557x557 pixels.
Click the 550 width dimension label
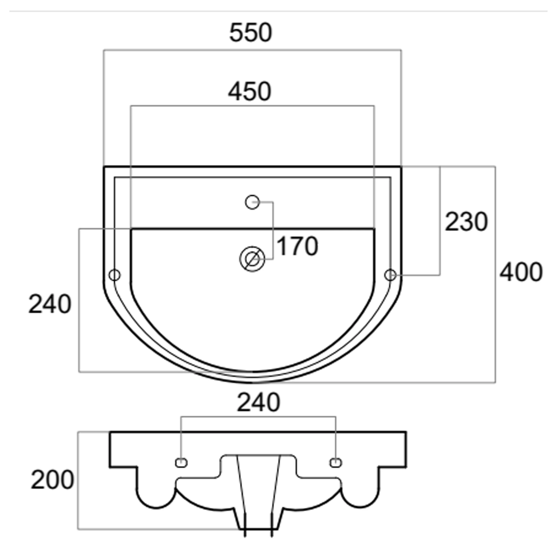coord(251,33)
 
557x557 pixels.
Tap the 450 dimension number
coord(250,92)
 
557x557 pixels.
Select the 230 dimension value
coord(466,222)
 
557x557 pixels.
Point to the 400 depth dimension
coord(521,272)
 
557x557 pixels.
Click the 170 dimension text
coord(297,246)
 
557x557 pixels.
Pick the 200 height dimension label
coord(52,480)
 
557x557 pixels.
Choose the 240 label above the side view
coord(258,402)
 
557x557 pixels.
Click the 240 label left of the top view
coord(50,304)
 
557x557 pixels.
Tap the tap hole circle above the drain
coord(252,202)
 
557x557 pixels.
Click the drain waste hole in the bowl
coord(252,259)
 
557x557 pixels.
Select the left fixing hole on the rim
coord(114,275)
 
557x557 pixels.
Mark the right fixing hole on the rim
coord(390,275)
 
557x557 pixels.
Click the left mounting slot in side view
coord(181,463)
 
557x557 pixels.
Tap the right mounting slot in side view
coord(336,463)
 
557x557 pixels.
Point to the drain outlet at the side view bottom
coord(258,528)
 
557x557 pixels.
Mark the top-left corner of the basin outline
coord(104,167)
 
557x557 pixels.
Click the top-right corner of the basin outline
coord(401,167)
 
